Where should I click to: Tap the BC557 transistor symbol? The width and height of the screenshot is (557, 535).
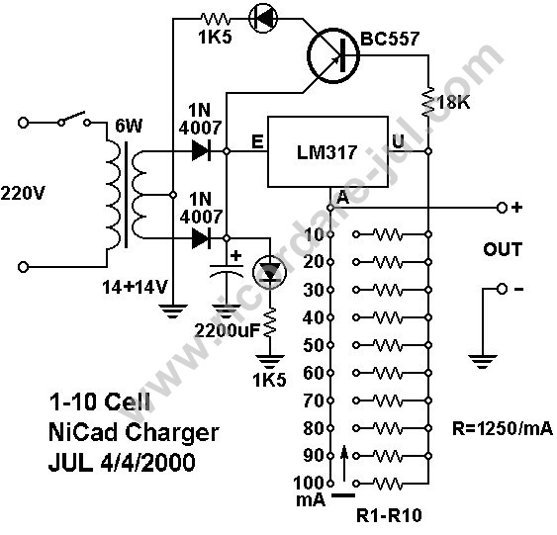333,55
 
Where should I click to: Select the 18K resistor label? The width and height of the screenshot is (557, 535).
454,103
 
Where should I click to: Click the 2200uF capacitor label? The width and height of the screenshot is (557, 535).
228,331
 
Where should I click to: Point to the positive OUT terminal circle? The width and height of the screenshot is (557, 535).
502,208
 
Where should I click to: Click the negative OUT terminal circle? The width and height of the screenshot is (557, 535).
502,290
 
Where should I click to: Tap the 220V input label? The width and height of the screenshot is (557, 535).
23,194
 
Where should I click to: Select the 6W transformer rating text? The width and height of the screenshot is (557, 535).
129,127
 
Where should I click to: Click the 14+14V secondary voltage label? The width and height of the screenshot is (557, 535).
135,287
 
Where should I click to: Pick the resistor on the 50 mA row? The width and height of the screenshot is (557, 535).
388,345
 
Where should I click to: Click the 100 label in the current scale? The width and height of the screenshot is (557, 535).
309,483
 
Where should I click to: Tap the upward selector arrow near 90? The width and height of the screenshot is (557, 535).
344,464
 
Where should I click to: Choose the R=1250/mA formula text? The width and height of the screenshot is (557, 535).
503,428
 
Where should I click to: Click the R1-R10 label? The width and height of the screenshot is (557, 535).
389,515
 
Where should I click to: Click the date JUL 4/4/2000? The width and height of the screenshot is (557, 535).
122,462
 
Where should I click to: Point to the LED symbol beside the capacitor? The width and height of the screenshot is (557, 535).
269,272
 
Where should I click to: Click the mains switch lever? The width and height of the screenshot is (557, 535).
73,118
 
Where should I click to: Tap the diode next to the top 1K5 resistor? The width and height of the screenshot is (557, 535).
263,19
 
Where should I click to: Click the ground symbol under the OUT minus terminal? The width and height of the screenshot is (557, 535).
482,361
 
